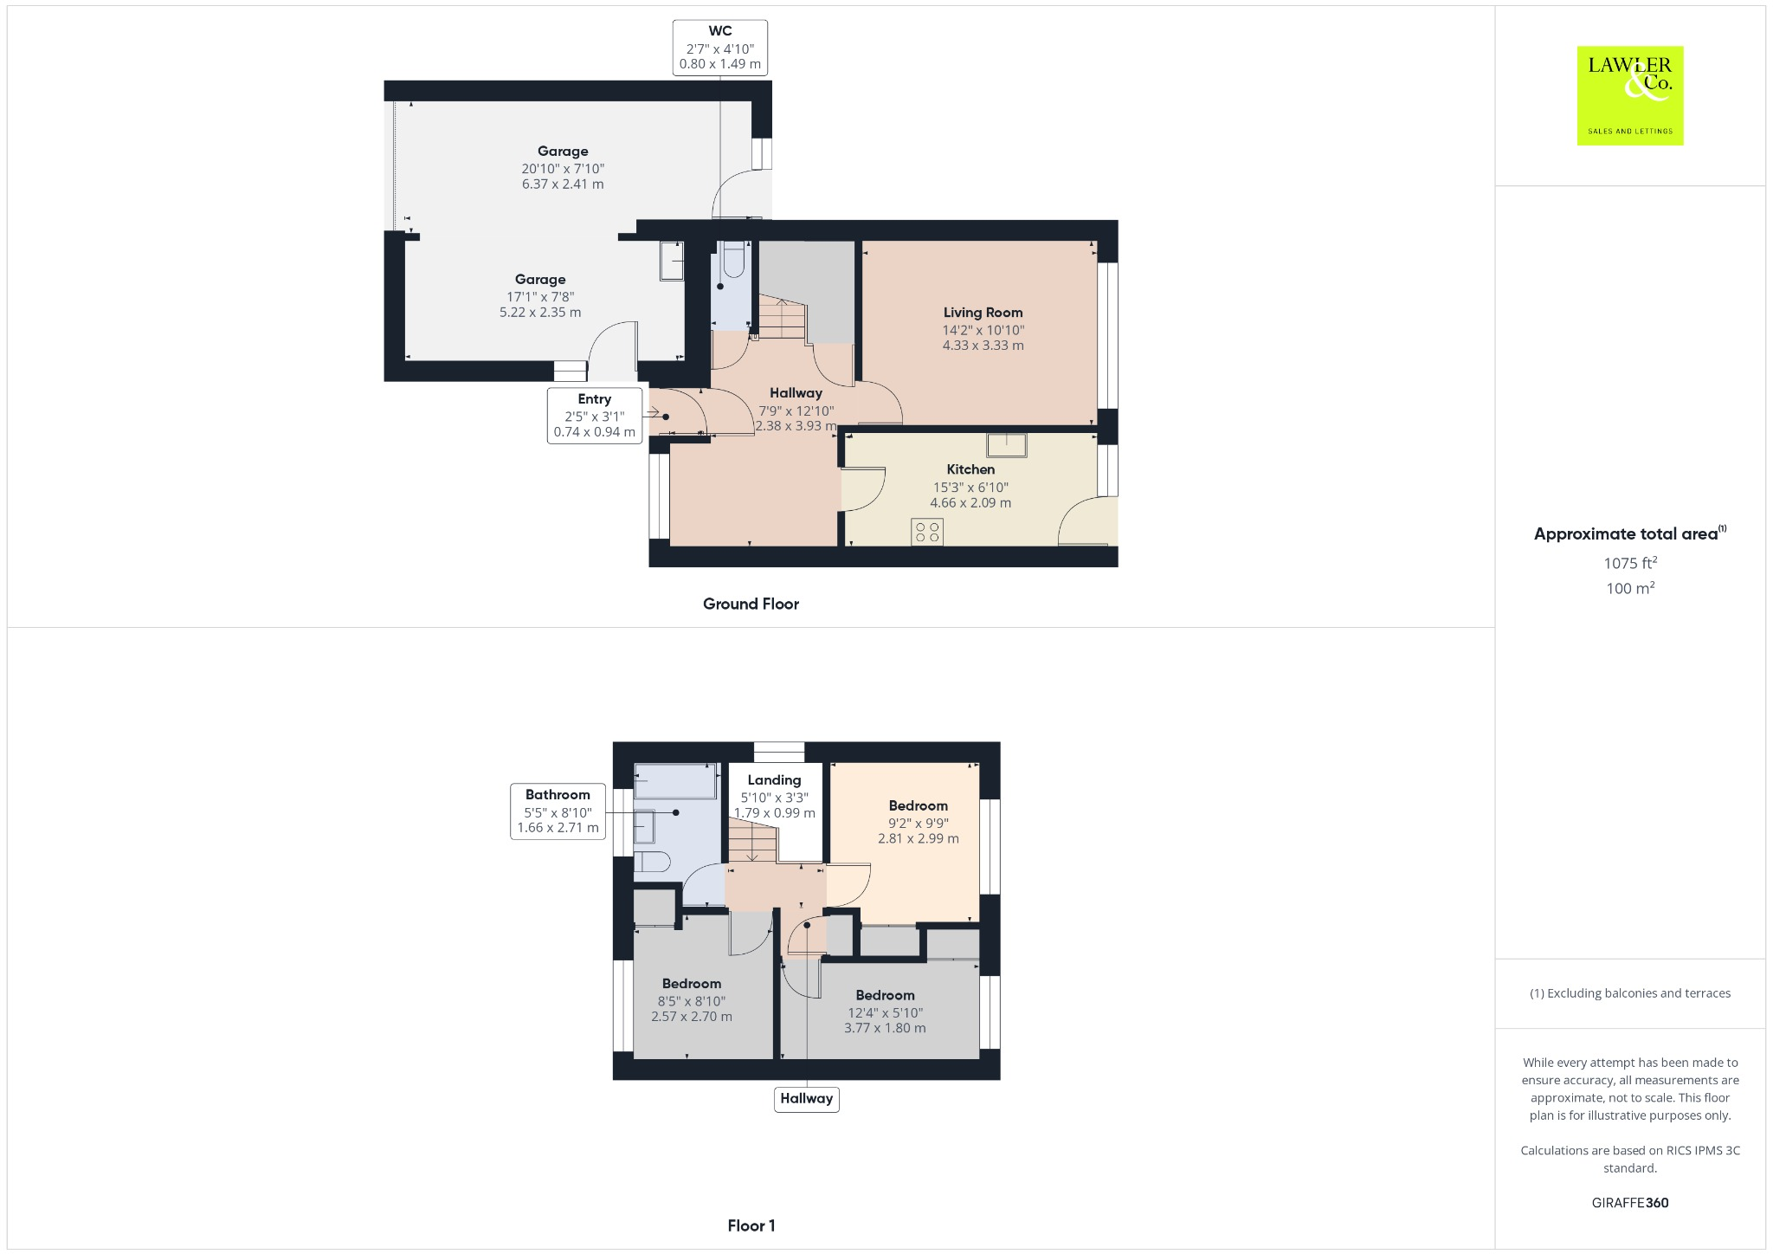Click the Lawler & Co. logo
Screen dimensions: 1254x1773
point(1629,95)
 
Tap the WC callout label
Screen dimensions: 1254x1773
point(719,48)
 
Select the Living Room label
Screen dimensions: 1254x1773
point(983,313)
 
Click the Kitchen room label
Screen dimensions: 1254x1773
point(970,469)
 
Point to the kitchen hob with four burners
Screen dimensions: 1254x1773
point(926,532)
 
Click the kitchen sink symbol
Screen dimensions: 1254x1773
point(1006,445)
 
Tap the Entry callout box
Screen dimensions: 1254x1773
point(595,415)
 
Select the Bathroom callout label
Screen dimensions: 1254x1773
point(558,811)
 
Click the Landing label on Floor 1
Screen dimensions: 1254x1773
point(774,780)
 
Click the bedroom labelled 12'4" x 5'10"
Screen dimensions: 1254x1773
point(885,1012)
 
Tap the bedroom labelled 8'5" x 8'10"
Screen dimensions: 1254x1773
point(691,1000)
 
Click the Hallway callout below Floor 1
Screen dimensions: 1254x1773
point(806,1098)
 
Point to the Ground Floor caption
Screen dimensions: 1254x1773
point(751,604)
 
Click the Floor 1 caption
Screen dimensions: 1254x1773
point(751,1225)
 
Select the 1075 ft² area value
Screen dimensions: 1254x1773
point(1629,563)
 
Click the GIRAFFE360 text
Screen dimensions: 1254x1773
point(1629,1202)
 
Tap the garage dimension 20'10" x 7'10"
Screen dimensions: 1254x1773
point(563,168)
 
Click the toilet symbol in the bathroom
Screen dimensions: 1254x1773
point(652,861)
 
